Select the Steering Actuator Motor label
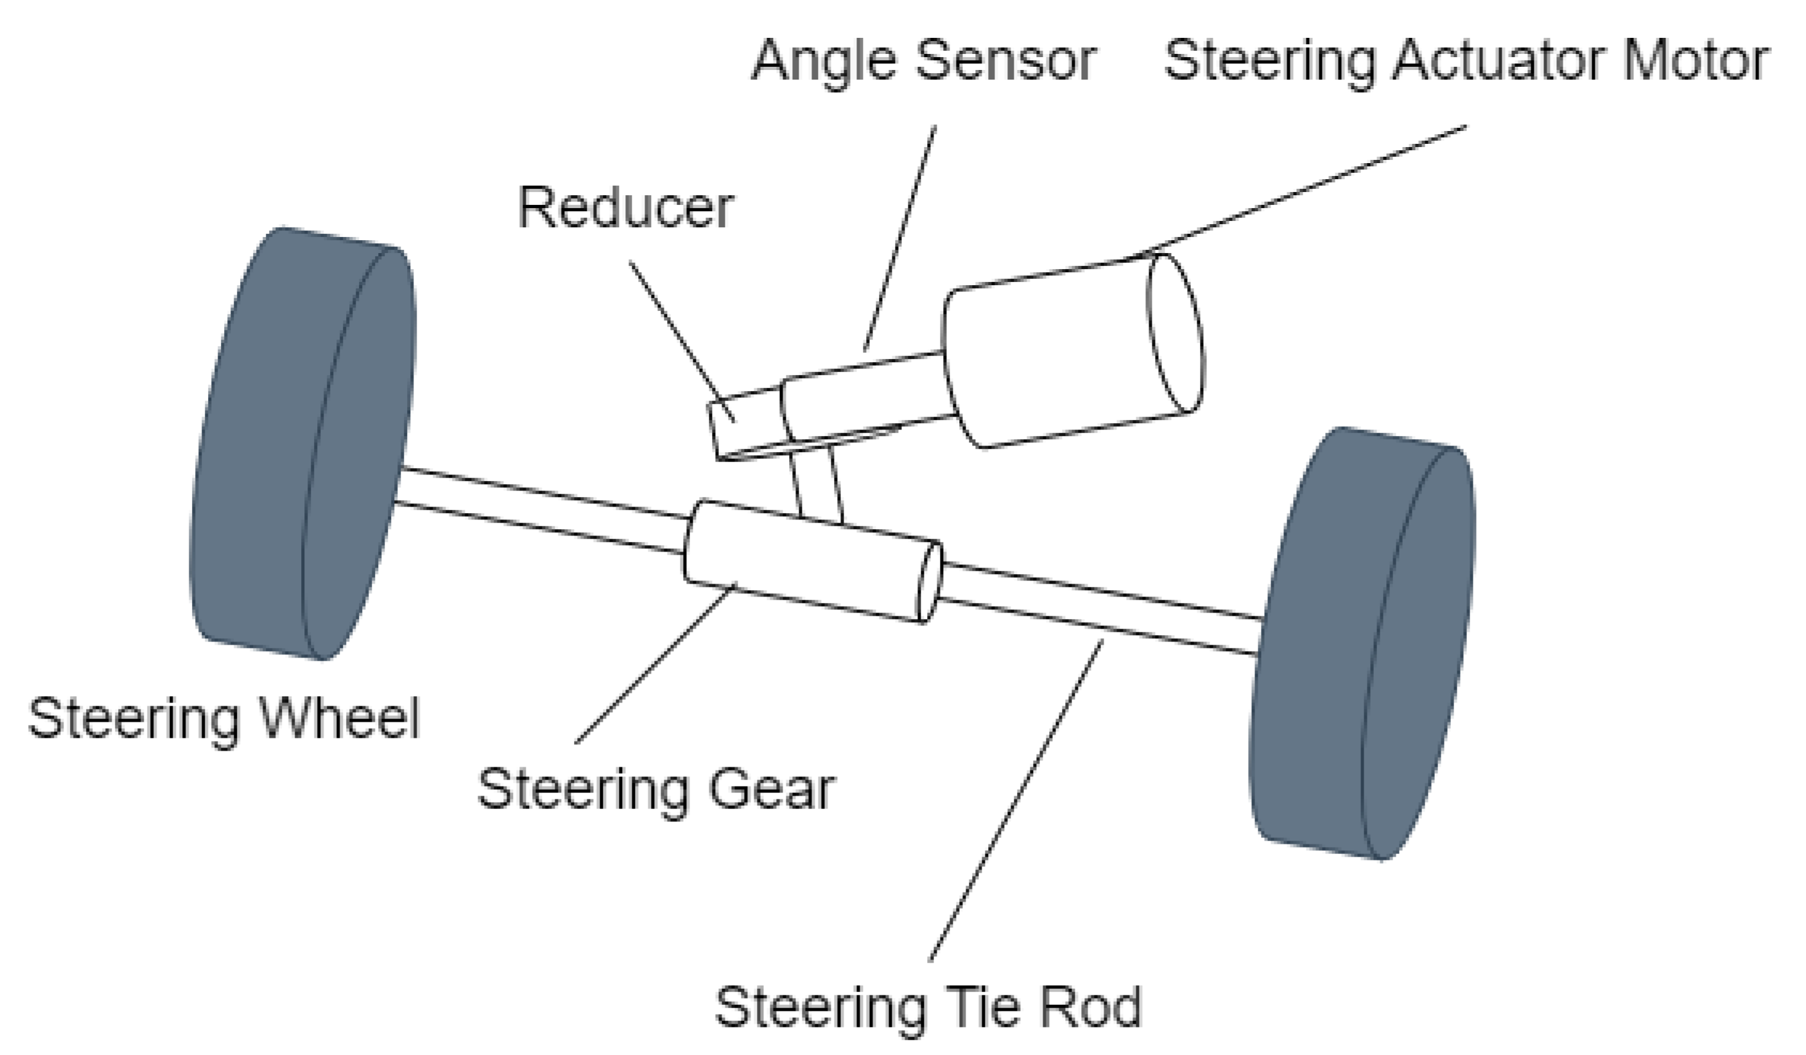point(1466,62)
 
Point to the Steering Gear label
point(656,790)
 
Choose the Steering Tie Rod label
point(928,1007)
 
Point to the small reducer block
point(745,423)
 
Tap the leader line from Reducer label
point(681,340)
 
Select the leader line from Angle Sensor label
point(899,236)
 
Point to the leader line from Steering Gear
point(656,663)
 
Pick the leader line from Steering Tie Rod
point(1016,799)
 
